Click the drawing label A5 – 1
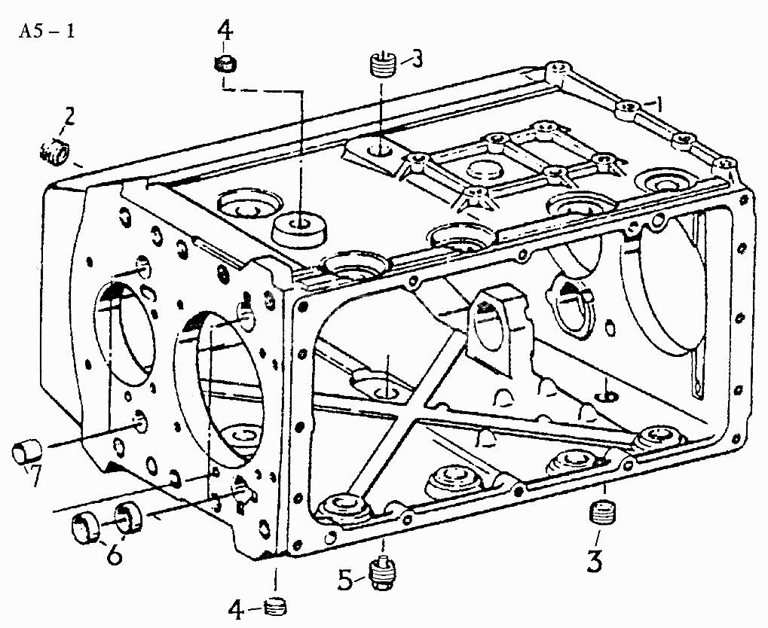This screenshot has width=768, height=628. tap(47, 32)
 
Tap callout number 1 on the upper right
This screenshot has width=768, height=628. tap(659, 104)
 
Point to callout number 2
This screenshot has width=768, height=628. tap(69, 117)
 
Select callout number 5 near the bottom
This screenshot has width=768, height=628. tap(345, 581)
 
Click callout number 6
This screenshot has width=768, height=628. tap(115, 554)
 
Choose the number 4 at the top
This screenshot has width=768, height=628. tap(225, 32)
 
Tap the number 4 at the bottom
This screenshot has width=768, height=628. tap(236, 609)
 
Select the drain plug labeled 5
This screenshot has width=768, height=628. tap(384, 571)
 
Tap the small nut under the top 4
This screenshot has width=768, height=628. tap(225, 64)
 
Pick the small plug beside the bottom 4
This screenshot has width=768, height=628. tap(275, 608)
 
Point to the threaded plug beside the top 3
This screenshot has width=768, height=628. tap(381, 65)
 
